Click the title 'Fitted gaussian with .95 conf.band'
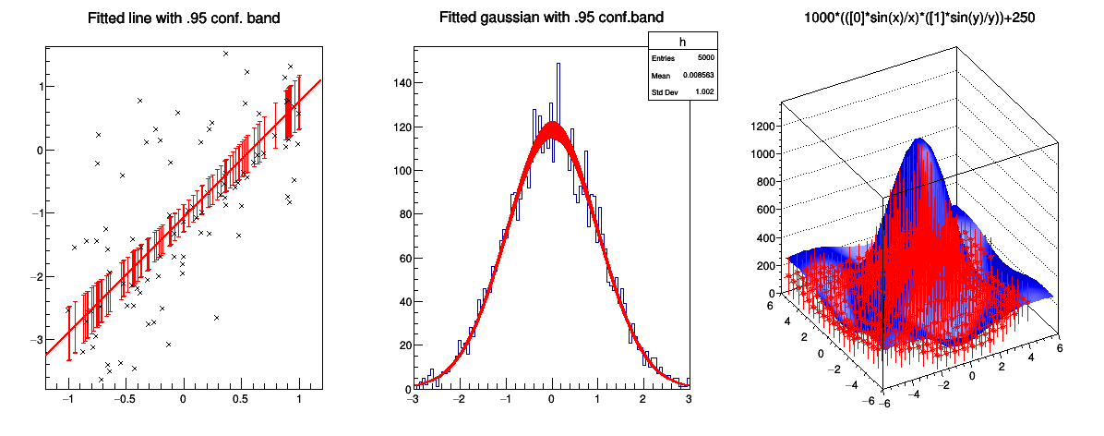(551, 18)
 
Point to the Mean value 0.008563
(698, 75)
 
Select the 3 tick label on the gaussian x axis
(689, 400)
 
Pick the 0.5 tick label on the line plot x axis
(240, 400)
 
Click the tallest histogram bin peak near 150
(558, 65)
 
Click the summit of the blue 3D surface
(918, 140)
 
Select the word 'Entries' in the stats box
(664, 57)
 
